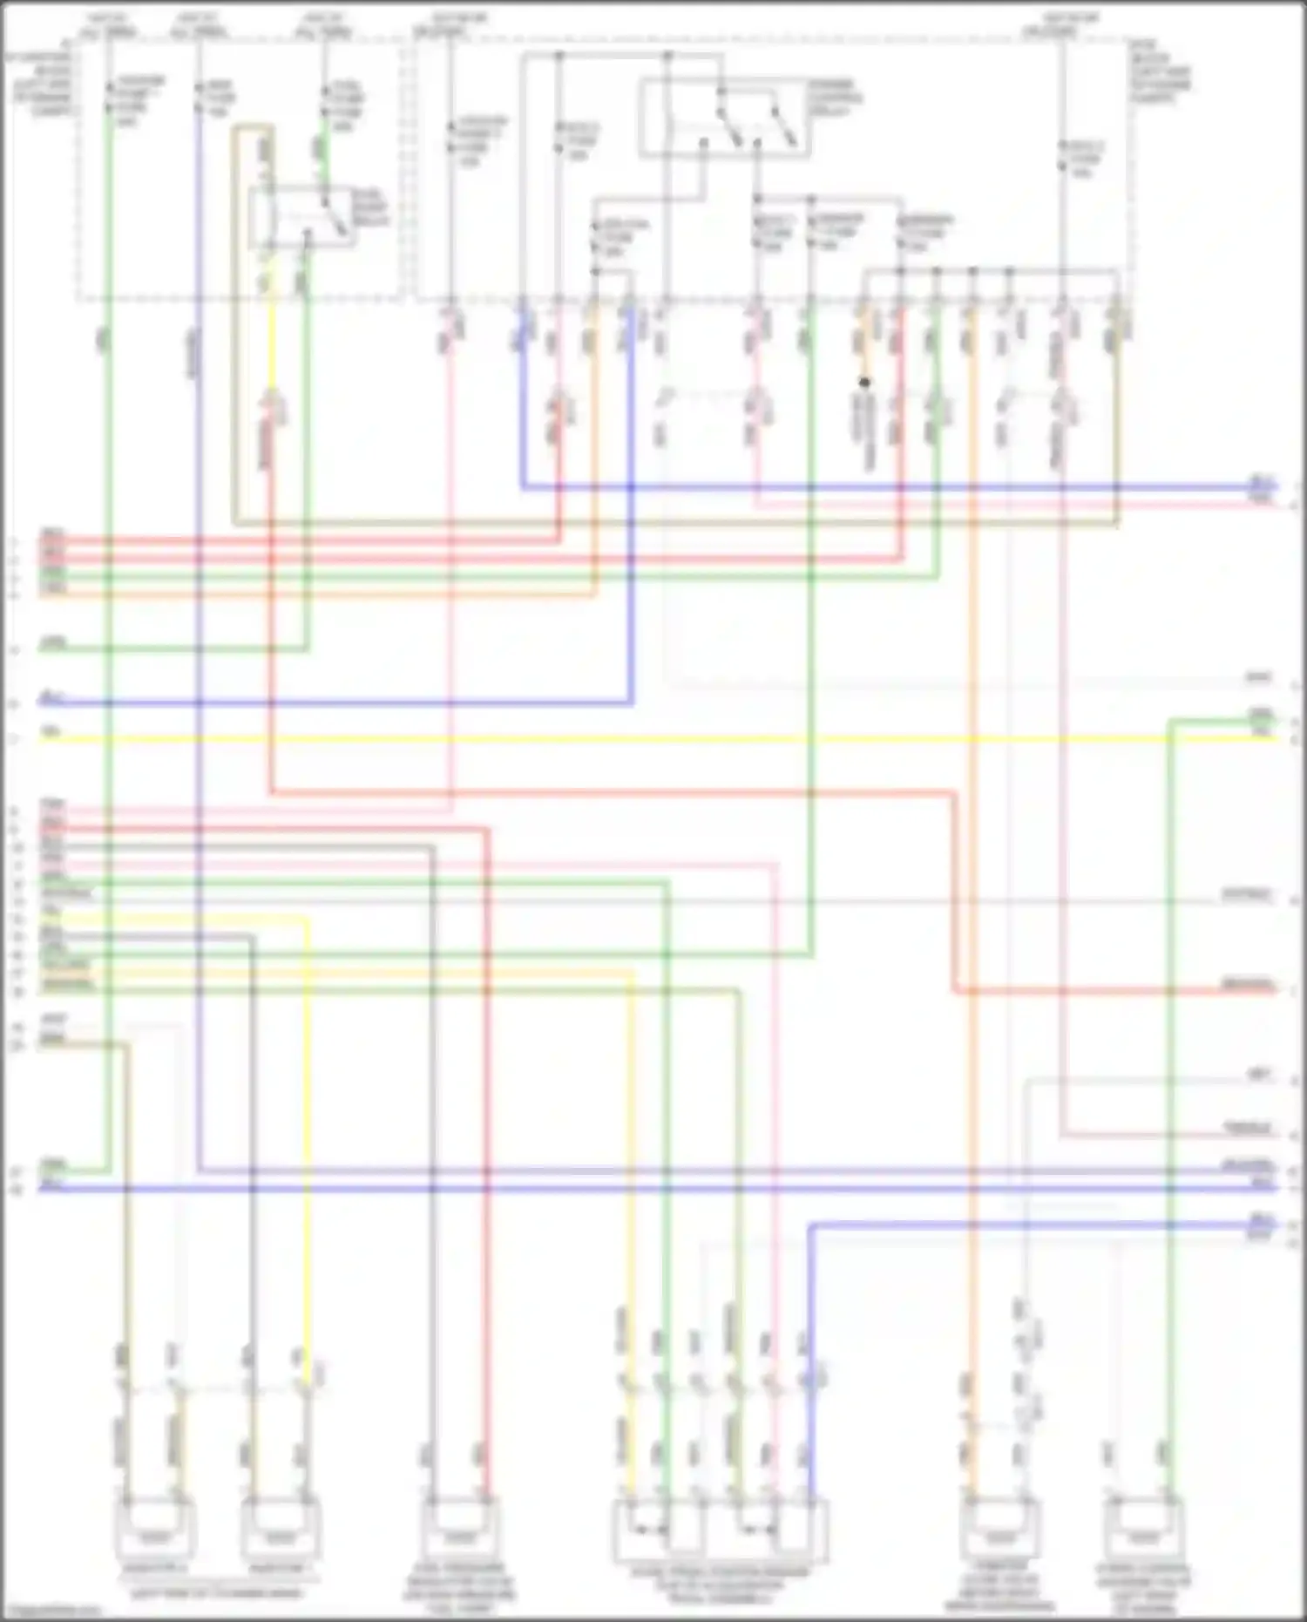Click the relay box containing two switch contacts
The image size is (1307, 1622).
pos(725,119)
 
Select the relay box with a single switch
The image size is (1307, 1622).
pos(301,217)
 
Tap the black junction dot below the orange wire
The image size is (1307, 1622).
pos(864,383)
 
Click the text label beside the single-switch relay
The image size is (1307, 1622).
pos(369,209)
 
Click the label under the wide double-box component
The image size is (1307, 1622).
pos(720,1585)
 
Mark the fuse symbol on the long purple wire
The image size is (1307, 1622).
pos(200,98)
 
